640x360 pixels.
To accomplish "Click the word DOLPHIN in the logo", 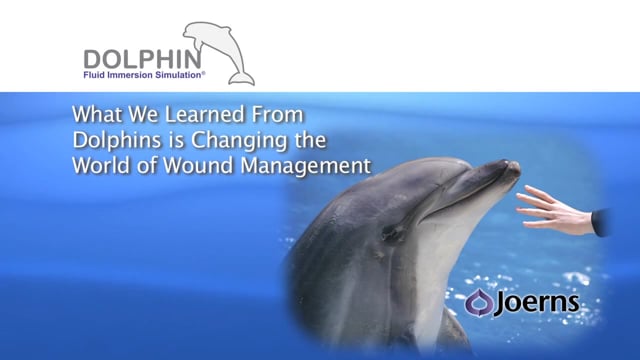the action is tap(142, 59).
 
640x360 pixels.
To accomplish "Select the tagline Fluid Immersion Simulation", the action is tap(142, 75).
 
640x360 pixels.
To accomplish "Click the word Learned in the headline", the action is tap(204, 114).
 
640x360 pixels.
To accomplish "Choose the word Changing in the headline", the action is tap(240, 141).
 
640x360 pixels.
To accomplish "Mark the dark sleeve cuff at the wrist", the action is tap(601, 222).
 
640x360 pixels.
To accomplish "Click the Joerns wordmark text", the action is tap(537, 303).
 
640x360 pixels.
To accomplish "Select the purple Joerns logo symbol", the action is tap(479, 302).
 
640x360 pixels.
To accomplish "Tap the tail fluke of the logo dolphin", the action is tap(242, 78).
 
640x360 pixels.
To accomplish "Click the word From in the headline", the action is tap(277, 114).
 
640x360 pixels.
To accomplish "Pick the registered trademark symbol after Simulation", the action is tap(203, 73).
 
